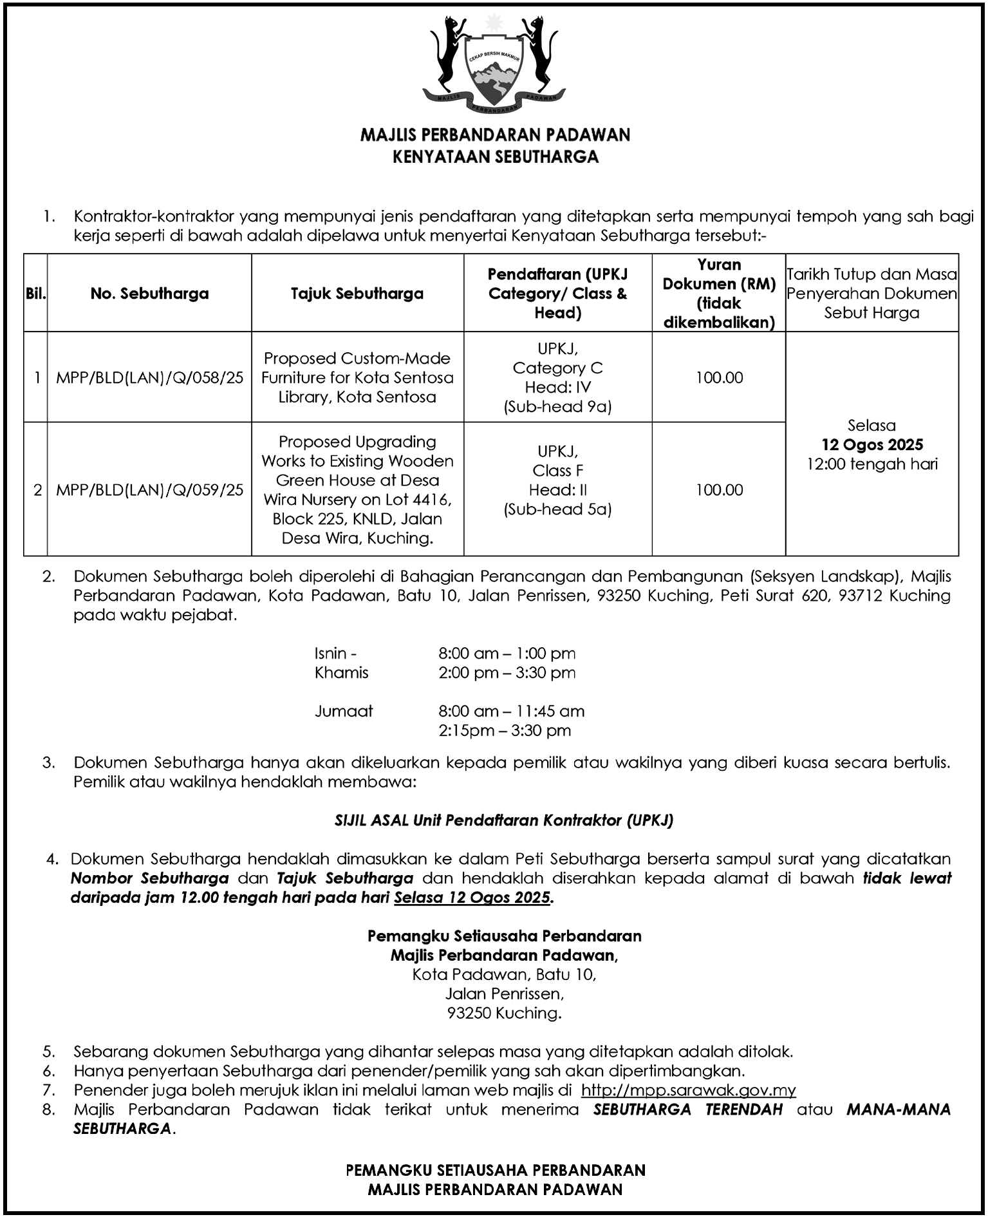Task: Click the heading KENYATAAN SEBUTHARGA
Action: point(496,156)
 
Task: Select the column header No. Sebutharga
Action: point(149,294)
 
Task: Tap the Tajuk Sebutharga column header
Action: point(357,294)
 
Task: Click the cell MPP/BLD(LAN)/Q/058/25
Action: point(149,377)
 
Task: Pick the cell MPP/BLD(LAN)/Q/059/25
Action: point(149,490)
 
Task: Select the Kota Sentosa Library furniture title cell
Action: point(357,377)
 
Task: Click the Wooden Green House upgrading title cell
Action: point(357,490)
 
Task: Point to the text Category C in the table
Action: point(557,368)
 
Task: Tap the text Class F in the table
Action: point(557,471)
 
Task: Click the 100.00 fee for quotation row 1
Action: point(719,377)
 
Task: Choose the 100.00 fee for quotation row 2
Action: point(719,490)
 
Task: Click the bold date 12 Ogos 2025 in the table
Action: point(872,445)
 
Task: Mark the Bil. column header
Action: point(35,294)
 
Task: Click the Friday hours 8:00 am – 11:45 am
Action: point(512,712)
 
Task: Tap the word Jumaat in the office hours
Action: point(344,712)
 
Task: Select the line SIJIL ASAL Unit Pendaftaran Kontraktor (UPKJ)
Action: point(504,820)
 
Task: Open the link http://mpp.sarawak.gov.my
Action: point(688,1091)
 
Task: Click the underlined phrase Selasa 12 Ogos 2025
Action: point(473,898)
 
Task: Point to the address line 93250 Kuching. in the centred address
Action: point(504,1014)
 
